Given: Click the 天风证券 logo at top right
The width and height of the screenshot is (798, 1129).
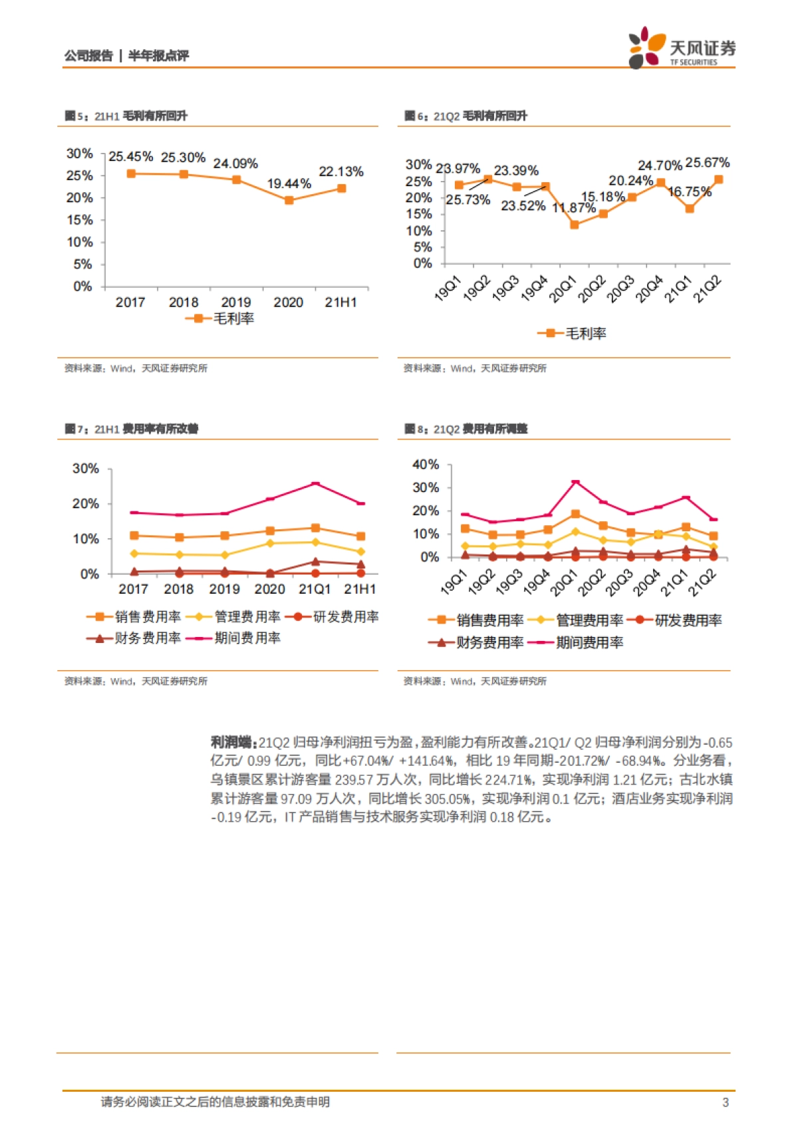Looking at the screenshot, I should pos(681,48).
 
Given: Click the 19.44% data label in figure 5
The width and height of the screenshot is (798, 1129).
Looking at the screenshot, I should pos(289,184).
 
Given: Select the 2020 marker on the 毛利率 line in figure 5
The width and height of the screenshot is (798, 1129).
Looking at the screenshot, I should pos(289,200).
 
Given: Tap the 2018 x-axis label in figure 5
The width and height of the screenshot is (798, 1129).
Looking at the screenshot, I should pos(184,303).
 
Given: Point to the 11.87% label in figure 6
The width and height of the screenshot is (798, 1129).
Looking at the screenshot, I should pos(573,207).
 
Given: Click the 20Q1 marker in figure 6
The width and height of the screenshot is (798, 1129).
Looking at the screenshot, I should pos(575,225).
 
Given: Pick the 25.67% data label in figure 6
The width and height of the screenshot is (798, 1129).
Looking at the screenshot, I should pos(707,163).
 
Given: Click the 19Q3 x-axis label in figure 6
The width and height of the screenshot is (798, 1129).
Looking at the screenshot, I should pos(505,289).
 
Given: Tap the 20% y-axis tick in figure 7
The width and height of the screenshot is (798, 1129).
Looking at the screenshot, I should pos(86,504).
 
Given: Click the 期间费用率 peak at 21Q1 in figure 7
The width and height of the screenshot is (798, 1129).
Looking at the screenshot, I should pos(315,484).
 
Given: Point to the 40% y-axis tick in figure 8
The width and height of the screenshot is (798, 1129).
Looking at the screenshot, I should pos(426,465).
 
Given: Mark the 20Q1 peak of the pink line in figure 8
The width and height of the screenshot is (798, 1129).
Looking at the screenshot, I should pos(575,481).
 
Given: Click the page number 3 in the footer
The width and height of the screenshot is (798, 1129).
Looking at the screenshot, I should pos(726,1102).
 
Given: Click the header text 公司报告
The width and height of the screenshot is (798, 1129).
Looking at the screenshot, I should pos(88,56).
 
